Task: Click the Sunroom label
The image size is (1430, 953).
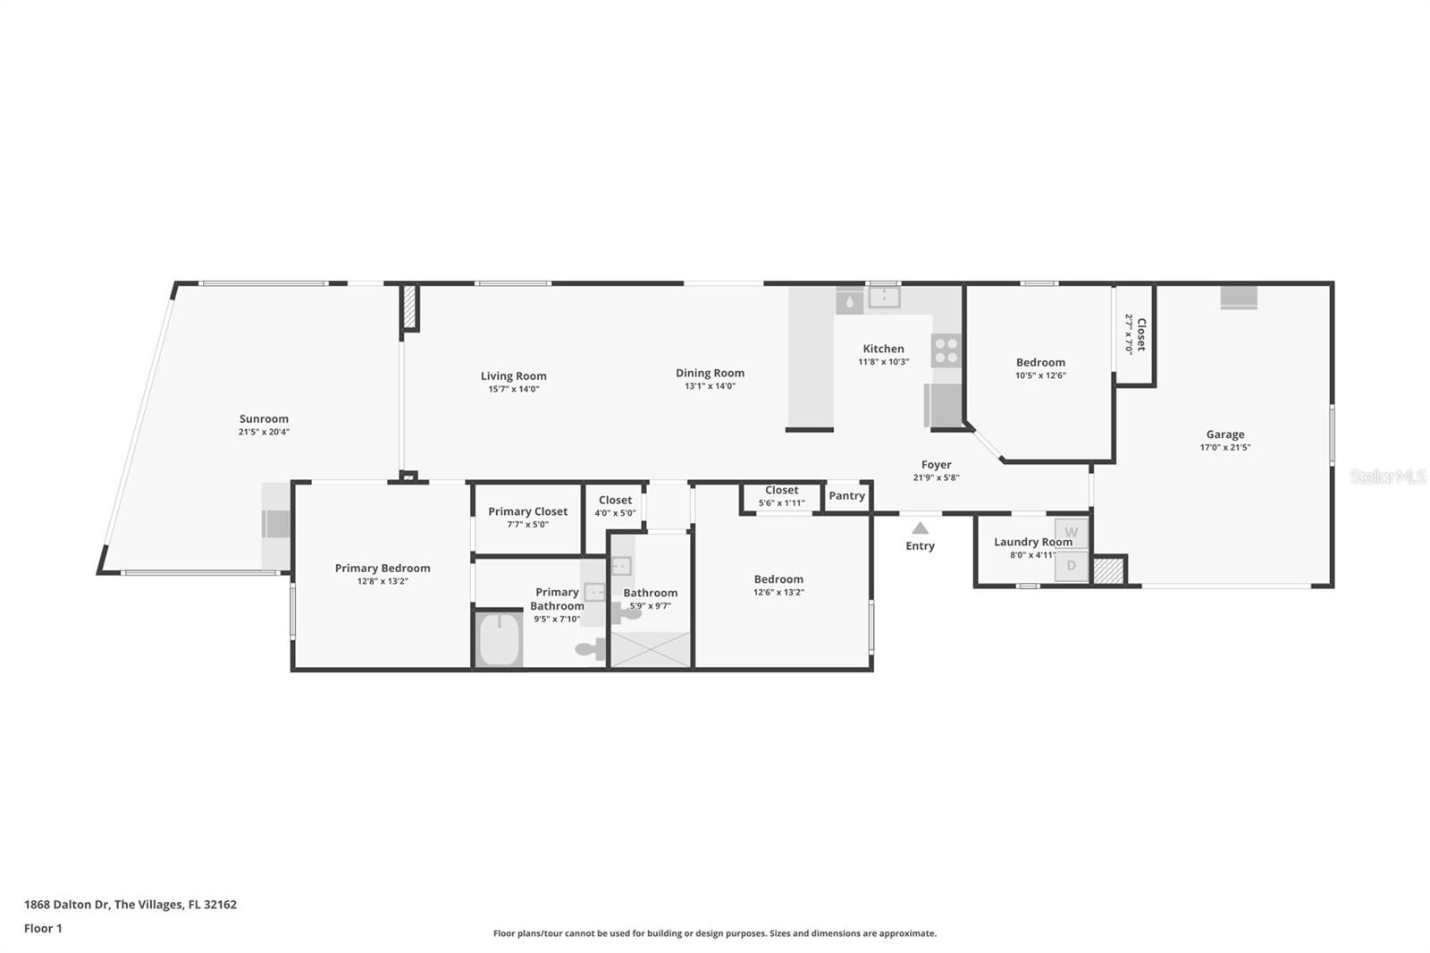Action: (x=264, y=418)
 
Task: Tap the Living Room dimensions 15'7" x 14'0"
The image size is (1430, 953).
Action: (x=513, y=389)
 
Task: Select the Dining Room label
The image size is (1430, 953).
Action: (x=710, y=373)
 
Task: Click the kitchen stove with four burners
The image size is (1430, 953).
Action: (x=946, y=350)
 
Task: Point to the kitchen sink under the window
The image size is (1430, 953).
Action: (x=883, y=298)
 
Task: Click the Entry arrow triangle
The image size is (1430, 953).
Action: (x=920, y=528)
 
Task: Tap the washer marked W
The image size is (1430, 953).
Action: (x=1072, y=533)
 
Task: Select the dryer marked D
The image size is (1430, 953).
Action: (x=1072, y=566)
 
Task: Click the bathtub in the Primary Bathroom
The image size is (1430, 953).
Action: (x=499, y=639)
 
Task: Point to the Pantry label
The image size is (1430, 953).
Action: (x=846, y=495)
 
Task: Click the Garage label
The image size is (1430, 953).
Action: (x=1224, y=434)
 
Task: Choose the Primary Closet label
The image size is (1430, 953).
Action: (x=527, y=511)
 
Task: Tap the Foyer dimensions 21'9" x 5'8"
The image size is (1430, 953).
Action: (x=936, y=477)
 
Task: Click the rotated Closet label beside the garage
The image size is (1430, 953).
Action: (x=1140, y=333)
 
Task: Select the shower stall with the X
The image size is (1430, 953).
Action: (x=651, y=649)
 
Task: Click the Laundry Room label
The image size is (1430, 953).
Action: (x=1032, y=542)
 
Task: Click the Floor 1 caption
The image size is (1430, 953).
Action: (x=43, y=928)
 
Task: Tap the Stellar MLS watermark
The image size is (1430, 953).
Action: (x=1387, y=476)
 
